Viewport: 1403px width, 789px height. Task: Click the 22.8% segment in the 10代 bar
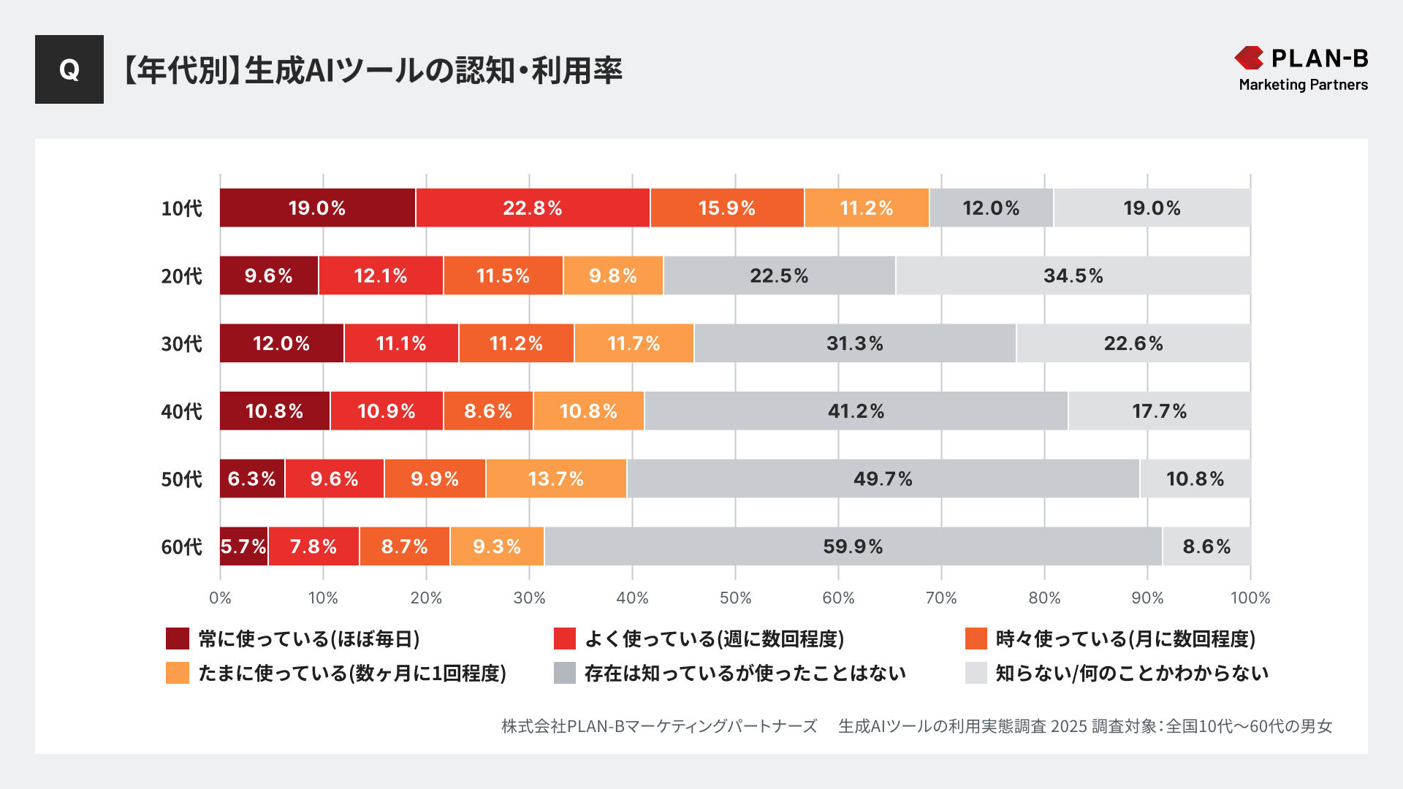pos(533,208)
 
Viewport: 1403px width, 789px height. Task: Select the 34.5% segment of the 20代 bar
pos(1073,276)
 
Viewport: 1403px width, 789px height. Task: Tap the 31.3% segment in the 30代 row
pos(855,343)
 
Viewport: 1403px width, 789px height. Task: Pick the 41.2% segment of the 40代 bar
pos(856,411)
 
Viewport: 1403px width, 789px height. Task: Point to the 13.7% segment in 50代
pos(556,479)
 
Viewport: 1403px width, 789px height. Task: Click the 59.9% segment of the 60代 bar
pos(853,546)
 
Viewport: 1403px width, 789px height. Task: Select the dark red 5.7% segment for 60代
pos(243,546)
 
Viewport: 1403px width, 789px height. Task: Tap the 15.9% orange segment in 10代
pos(727,208)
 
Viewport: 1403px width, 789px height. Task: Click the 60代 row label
pos(181,547)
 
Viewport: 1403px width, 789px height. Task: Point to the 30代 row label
pos(181,344)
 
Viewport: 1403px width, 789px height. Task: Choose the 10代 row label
pos(181,209)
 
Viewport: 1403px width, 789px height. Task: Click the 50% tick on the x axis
pos(735,598)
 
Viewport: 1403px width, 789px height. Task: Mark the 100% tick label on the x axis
pos(1250,598)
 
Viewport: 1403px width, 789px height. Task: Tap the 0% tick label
pos(220,598)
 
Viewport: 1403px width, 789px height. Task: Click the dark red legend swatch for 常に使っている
pos(178,639)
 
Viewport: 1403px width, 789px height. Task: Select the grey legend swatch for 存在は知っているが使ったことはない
pos(565,673)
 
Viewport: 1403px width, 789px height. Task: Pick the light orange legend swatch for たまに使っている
pos(178,673)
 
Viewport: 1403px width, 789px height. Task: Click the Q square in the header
pos(69,69)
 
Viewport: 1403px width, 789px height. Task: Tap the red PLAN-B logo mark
pos(1249,58)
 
